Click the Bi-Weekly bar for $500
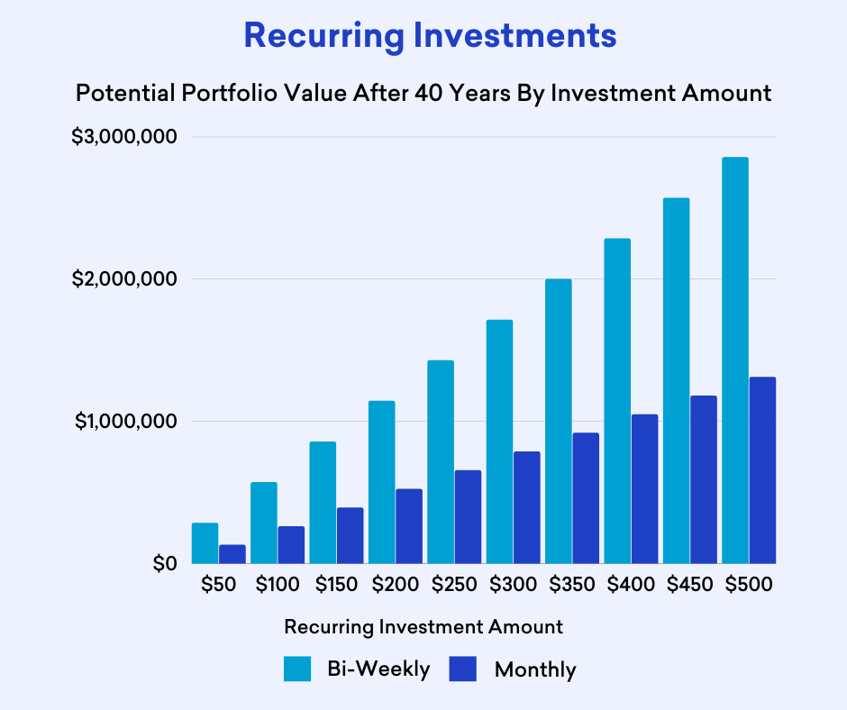point(734,360)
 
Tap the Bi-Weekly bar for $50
point(205,543)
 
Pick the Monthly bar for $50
point(232,554)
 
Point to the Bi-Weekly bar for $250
point(441,461)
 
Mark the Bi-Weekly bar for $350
point(558,421)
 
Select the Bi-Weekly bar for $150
point(323,502)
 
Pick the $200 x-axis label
point(395,584)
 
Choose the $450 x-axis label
point(689,584)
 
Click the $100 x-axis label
point(278,584)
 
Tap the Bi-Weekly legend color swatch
point(297,669)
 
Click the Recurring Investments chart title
point(431,36)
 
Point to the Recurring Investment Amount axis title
point(423,626)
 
